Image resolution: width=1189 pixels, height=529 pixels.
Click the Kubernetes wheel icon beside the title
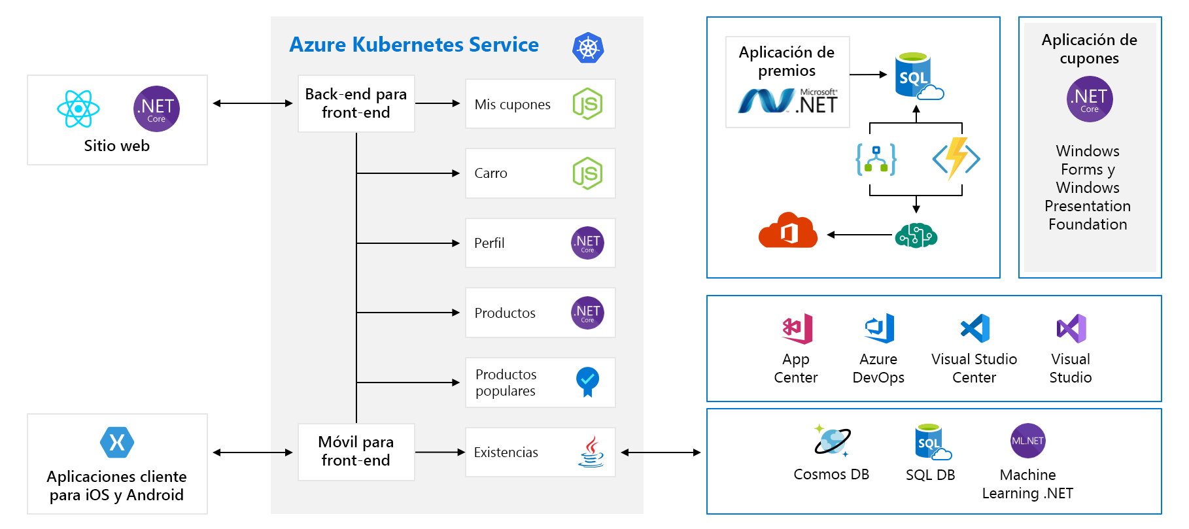(x=588, y=48)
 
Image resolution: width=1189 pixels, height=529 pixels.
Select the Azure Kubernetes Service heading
(x=413, y=44)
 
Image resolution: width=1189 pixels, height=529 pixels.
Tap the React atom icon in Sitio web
(x=78, y=109)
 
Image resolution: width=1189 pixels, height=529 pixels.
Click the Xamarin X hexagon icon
(x=117, y=443)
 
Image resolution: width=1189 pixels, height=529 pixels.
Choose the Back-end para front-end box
(x=356, y=103)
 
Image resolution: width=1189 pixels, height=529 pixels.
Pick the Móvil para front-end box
(x=356, y=451)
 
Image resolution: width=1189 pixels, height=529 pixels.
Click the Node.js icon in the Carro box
(x=587, y=173)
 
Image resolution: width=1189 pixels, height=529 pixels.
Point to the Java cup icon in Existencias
(x=591, y=452)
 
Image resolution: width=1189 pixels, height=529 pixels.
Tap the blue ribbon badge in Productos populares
(x=587, y=381)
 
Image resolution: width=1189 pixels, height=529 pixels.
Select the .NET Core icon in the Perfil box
(x=587, y=243)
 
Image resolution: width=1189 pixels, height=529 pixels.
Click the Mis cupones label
(x=512, y=105)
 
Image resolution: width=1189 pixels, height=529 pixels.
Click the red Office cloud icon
(x=788, y=230)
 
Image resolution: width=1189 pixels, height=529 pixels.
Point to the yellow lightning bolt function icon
(x=956, y=158)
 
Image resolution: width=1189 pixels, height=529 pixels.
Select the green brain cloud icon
(x=916, y=235)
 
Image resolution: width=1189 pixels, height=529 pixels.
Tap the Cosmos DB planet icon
(x=832, y=440)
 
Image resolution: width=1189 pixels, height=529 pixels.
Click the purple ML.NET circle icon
(x=1027, y=441)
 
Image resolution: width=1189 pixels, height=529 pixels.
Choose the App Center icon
(x=797, y=328)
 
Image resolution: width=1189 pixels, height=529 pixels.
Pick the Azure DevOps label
(x=878, y=368)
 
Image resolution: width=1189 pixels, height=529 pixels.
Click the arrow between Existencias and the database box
(x=661, y=452)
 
